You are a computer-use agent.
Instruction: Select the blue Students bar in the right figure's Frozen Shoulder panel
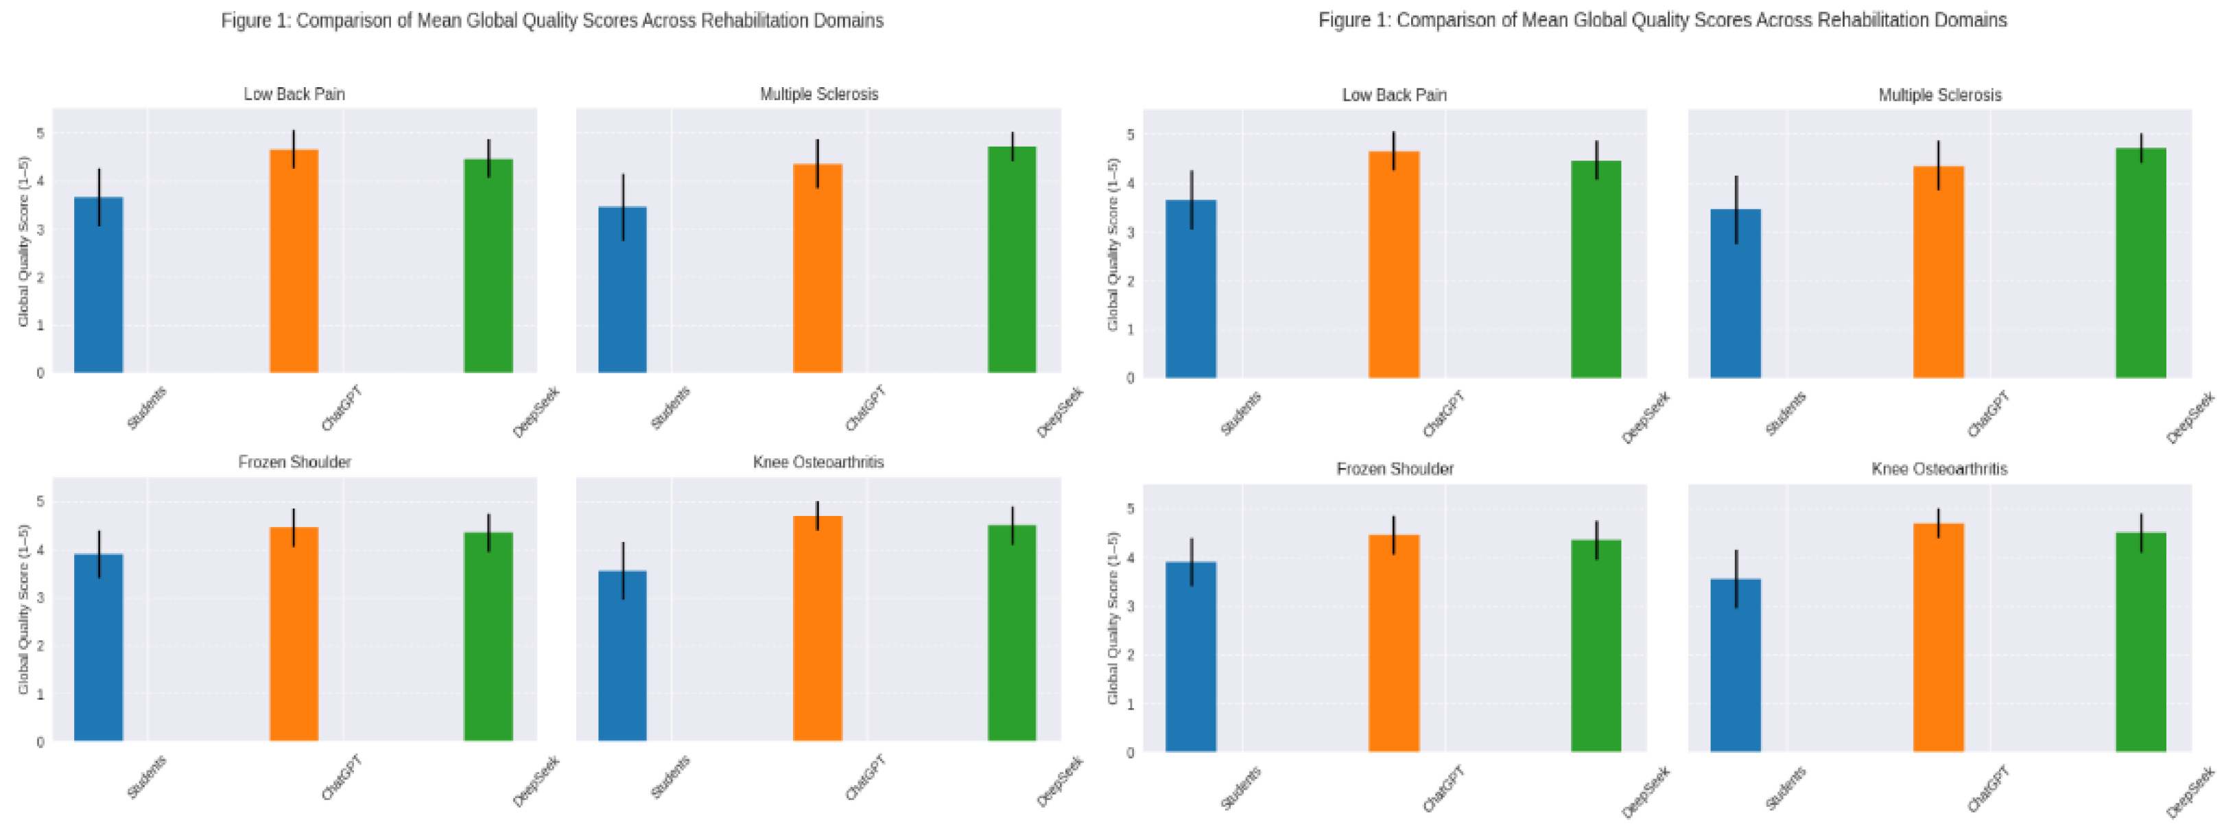(1191, 657)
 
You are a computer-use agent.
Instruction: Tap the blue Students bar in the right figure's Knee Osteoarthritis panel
(1736, 666)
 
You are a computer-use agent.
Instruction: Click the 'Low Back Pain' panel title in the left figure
(294, 94)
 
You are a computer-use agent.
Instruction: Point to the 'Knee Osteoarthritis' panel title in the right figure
(1939, 469)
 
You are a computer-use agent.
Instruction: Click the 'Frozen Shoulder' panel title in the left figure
(294, 462)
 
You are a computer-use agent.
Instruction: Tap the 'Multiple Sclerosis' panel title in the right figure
(1939, 95)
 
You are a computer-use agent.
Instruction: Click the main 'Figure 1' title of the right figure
(1662, 20)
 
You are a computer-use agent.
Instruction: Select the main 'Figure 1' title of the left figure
(552, 21)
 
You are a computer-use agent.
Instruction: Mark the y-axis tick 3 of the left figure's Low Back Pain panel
(40, 230)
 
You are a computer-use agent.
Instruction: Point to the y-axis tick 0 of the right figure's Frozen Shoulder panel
(1130, 753)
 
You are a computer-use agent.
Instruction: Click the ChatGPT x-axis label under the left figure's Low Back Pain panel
(342, 409)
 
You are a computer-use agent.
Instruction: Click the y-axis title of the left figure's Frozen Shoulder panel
(23, 609)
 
